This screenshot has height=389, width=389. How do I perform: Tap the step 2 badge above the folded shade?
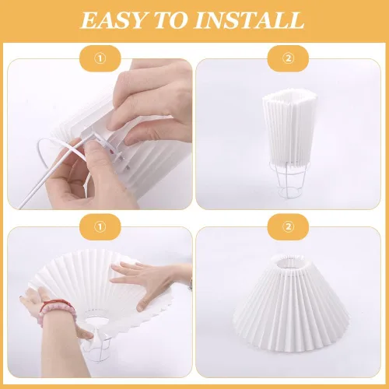(289, 57)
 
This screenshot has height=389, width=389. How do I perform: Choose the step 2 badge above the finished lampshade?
(289, 227)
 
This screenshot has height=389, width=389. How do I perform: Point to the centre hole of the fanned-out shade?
(98, 320)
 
